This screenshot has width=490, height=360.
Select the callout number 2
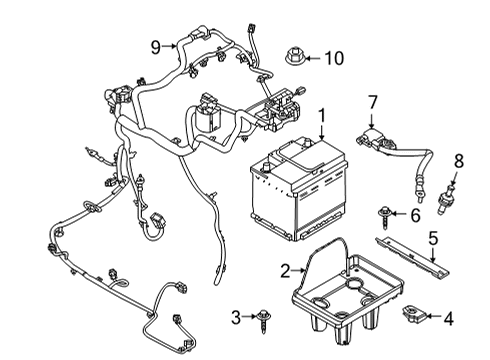(284, 269)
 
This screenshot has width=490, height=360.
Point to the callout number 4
(447, 321)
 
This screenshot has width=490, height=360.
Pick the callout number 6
(415, 215)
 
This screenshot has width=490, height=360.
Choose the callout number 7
(372, 101)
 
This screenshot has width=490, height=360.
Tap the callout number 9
(156, 47)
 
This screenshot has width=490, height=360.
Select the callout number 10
(333, 58)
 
